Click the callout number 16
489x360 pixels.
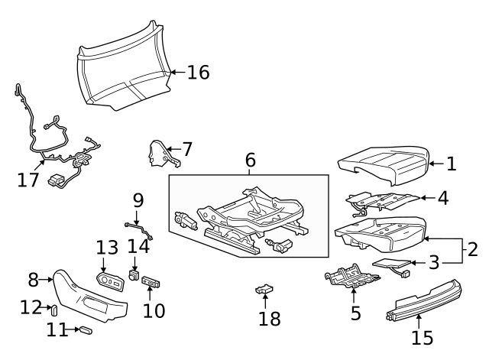click(198, 73)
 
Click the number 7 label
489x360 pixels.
click(187, 148)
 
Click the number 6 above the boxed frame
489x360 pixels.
click(250, 161)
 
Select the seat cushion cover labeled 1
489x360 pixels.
click(382, 164)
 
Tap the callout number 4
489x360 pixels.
click(442, 198)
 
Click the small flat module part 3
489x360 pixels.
click(390, 266)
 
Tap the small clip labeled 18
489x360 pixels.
click(264, 289)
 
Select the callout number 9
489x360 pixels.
click(138, 200)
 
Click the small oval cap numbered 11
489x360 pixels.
click(86, 330)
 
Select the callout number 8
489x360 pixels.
click(33, 279)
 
